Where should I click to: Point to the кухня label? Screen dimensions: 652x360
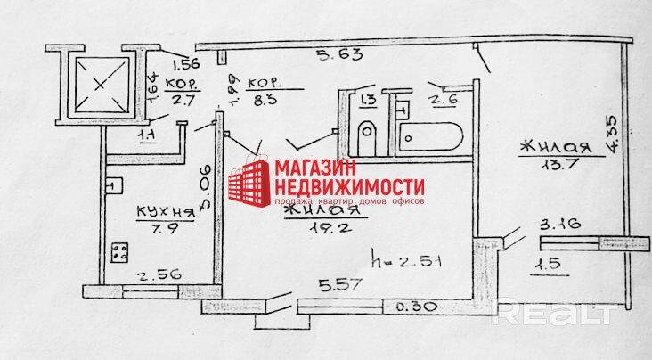165,212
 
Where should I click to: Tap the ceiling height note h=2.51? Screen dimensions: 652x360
404,262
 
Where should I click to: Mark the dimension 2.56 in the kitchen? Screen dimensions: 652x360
161,275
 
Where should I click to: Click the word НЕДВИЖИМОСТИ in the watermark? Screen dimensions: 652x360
347,187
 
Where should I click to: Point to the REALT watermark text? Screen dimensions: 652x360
554,313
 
